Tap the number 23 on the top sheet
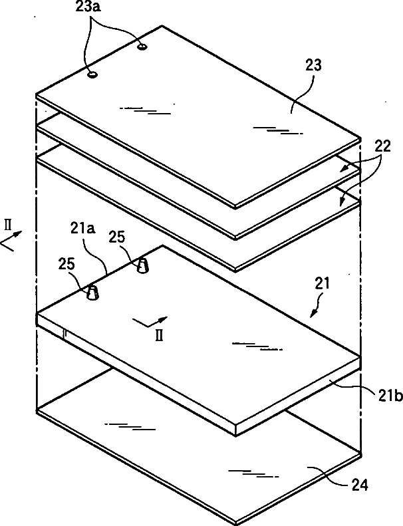point(313,65)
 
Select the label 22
point(382,146)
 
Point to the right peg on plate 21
point(143,266)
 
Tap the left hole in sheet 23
point(93,74)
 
